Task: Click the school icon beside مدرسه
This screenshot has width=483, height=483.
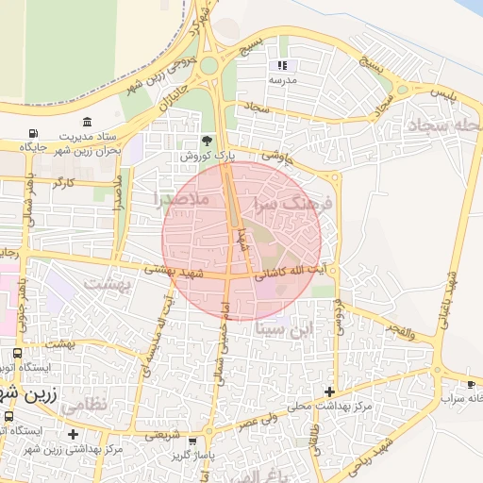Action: [280, 65]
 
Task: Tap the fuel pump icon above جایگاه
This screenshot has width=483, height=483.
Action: [35, 133]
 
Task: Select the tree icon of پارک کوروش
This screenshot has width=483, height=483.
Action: [194, 140]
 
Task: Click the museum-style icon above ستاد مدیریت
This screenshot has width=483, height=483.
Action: [87, 122]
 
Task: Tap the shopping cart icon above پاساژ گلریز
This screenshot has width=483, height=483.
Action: [192, 441]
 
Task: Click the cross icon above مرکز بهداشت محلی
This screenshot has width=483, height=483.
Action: [328, 391]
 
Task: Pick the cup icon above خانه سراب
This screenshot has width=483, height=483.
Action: [471, 385]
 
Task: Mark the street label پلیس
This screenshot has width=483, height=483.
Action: [442, 94]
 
